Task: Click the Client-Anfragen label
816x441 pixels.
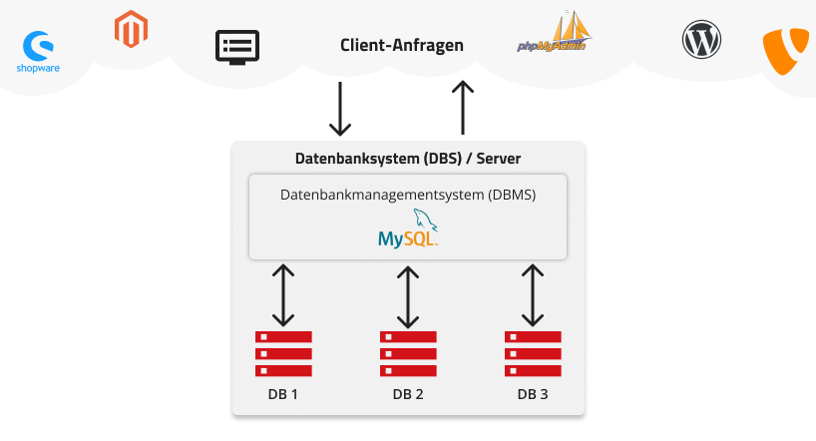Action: coord(401,46)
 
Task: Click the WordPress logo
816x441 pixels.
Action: coord(701,41)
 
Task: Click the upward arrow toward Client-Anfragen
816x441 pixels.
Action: coord(462,108)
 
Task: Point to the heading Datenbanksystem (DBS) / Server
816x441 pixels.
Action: coord(408,159)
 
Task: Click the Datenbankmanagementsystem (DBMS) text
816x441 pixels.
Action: coord(408,195)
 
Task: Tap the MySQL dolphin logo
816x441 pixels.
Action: coord(409,229)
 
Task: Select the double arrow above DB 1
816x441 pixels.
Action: coord(283,295)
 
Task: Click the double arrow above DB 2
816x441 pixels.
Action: coord(408,295)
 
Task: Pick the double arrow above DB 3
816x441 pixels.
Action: coord(533,295)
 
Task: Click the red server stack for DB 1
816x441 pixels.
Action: coord(283,353)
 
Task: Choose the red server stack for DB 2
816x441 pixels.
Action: coord(408,353)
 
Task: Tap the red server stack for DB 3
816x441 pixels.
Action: coord(533,353)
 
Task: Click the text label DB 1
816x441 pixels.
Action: coord(283,394)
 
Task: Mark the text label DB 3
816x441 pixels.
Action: coord(533,394)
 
